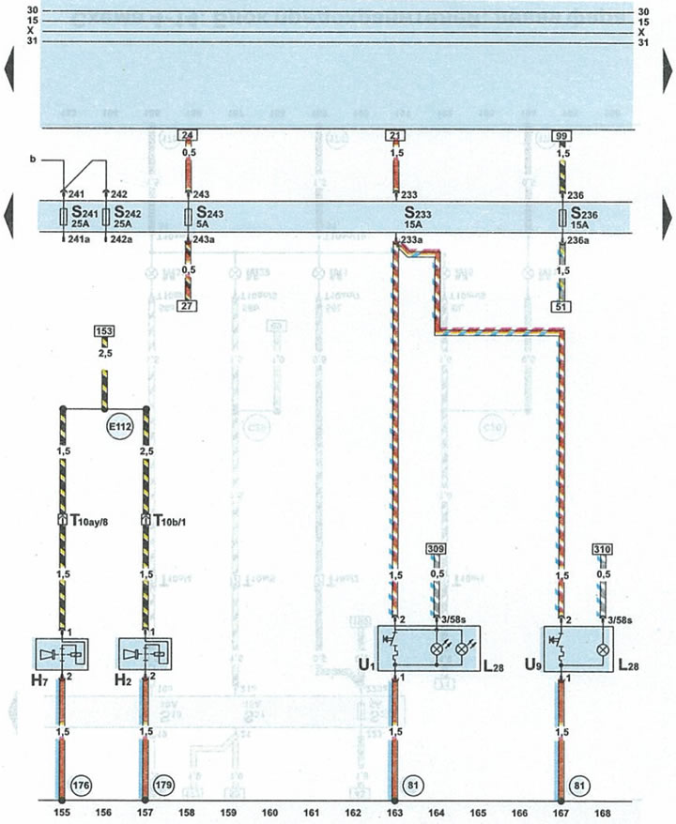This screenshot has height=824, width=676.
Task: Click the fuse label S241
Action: (x=74, y=214)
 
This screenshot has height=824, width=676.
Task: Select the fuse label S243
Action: (x=208, y=214)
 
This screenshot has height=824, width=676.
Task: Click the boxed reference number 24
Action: (x=188, y=135)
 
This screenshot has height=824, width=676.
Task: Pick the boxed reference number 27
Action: (x=188, y=305)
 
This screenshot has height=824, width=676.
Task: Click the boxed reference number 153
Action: (x=103, y=331)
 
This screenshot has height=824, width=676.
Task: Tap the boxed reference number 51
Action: (x=561, y=305)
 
